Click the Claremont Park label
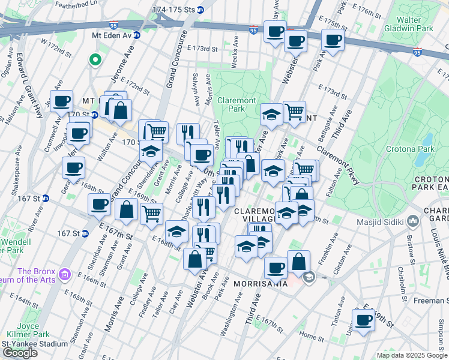[x=237, y=104]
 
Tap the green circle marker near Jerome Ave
[x=94, y=59]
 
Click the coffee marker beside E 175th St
[x=331, y=40]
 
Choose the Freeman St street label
[x=431, y=284]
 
